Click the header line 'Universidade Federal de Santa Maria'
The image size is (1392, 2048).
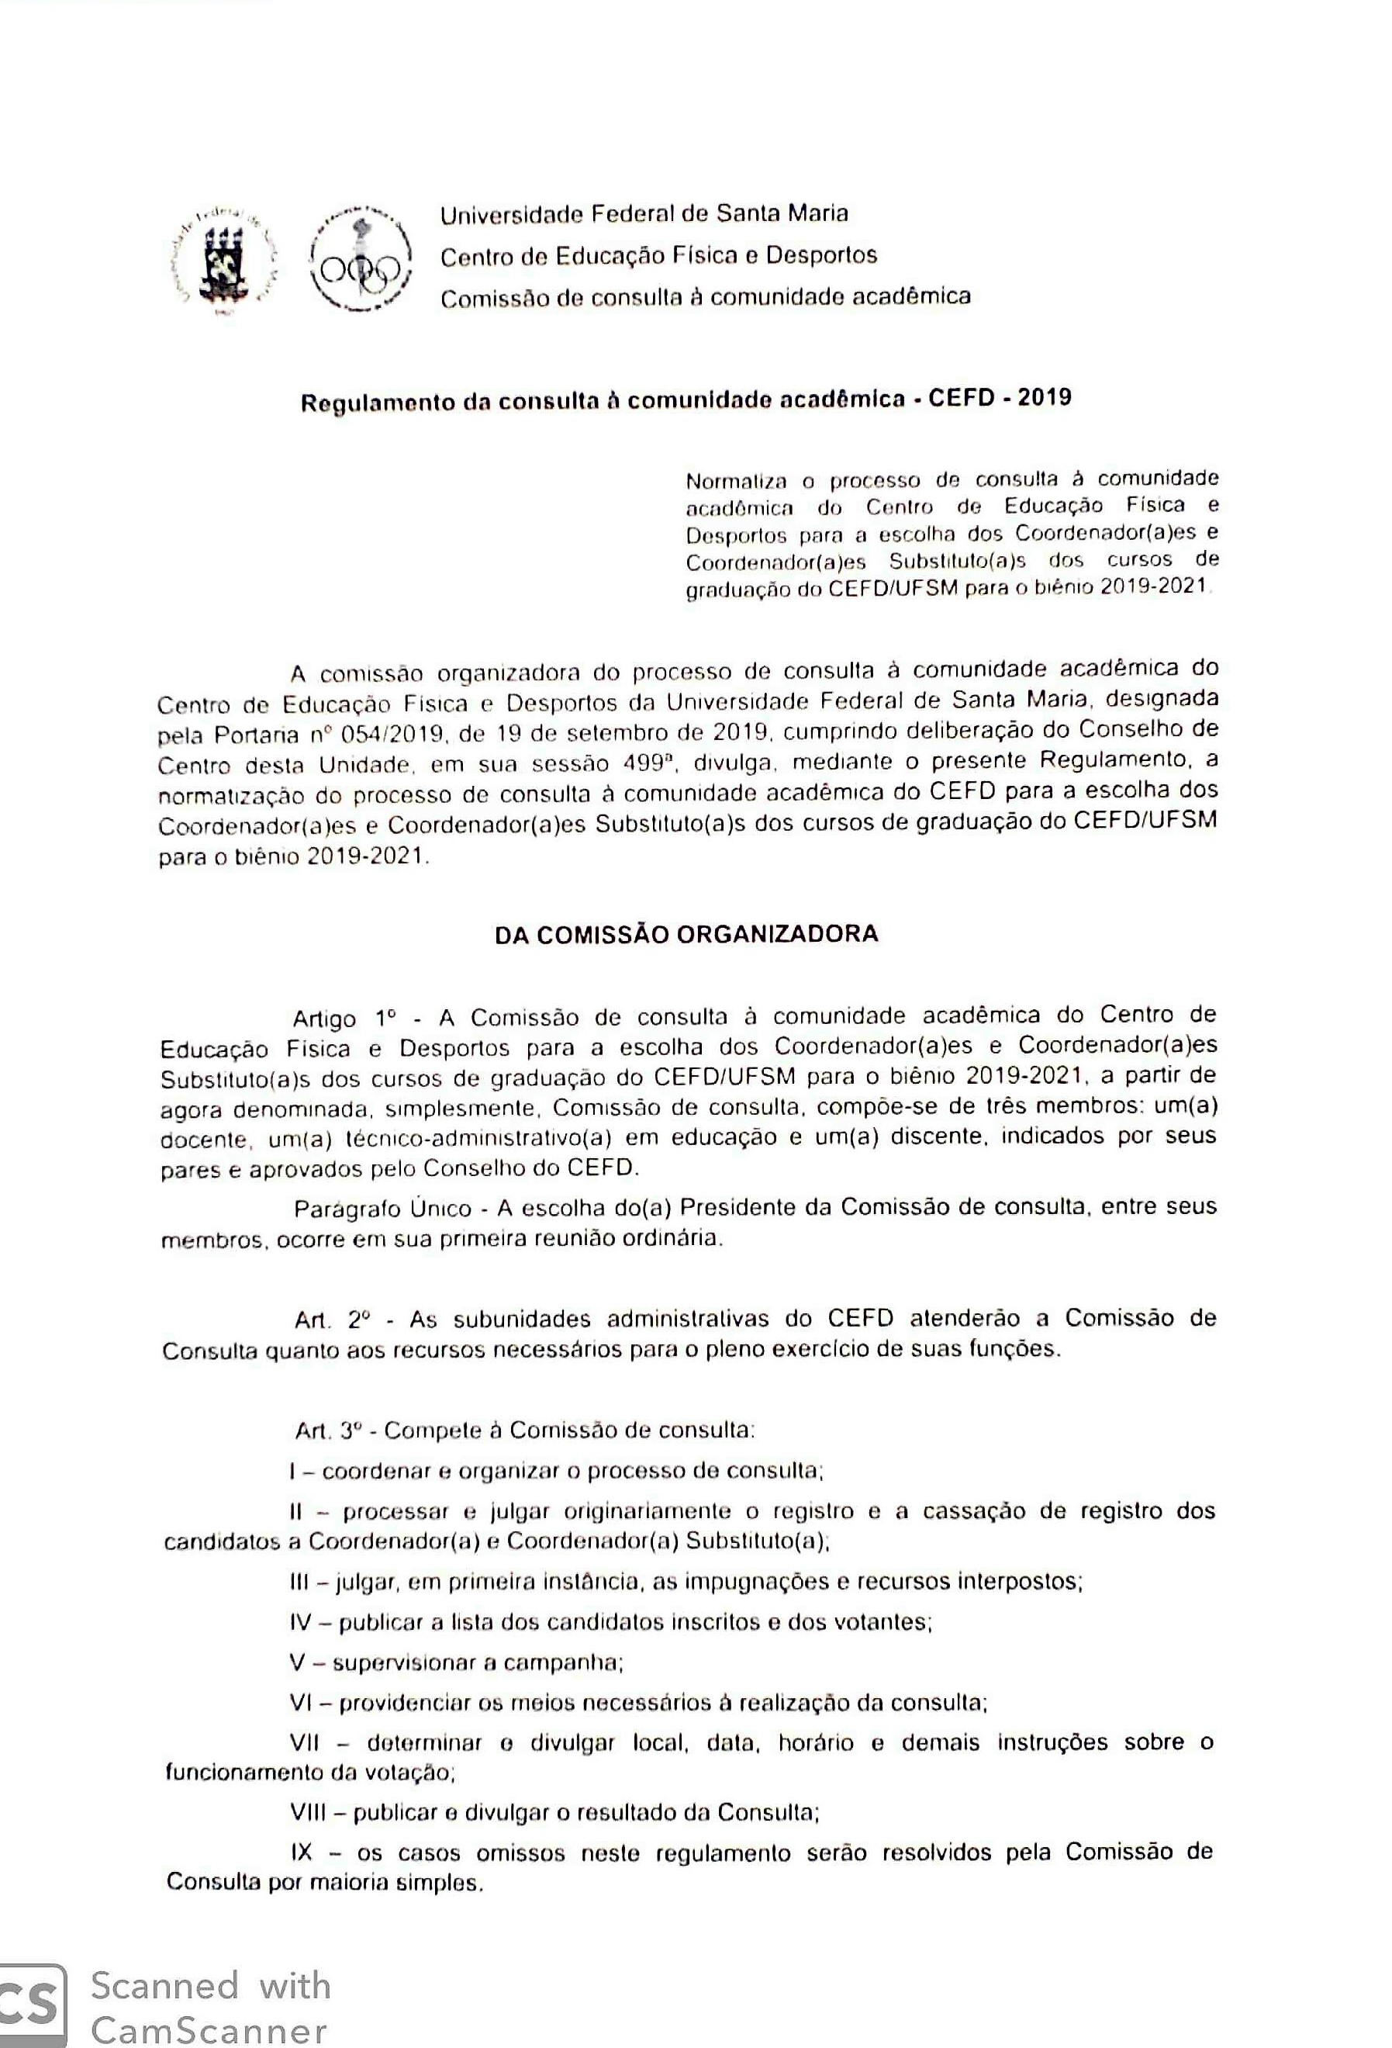click(644, 214)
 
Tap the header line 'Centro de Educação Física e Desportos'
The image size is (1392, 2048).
click(658, 255)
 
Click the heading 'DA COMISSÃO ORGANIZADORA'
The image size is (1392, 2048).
click(686, 934)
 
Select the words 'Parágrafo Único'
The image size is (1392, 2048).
click(382, 1208)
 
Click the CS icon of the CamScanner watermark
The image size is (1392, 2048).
click(32, 2004)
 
